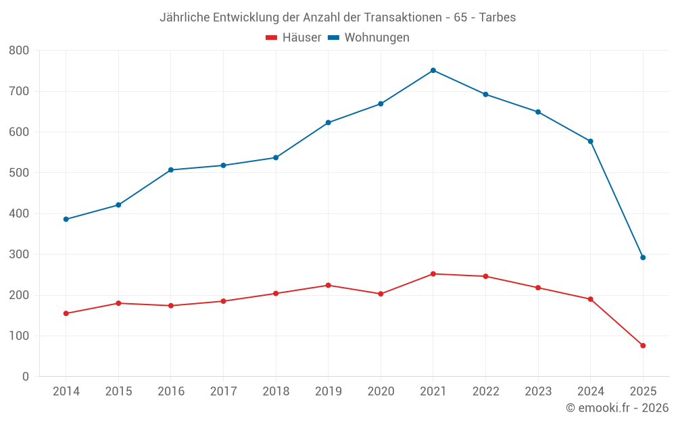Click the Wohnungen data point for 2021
pyautogui.click(x=433, y=70)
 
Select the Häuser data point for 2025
pyautogui.click(x=643, y=346)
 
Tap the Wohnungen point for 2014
pyautogui.click(x=66, y=219)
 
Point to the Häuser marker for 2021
pyautogui.click(x=433, y=274)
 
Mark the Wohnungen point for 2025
pyautogui.click(x=643, y=257)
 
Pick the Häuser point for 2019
pyautogui.click(x=329, y=285)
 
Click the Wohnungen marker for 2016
pyautogui.click(x=171, y=169)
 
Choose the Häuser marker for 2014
pyautogui.click(x=66, y=313)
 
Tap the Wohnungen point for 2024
pyautogui.click(x=591, y=141)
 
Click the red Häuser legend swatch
pyautogui.click(x=271, y=38)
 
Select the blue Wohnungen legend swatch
pyautogui.click(x=333, y=38)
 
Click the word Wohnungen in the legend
pyautogui.click(x=377, y=38)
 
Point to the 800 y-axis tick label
pyautogui.click(x=19, y=51)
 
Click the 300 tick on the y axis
pyautogui.click(x=19, y=255)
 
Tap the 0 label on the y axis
pyautogui.click(x=26, y=377)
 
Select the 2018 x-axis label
pyautogui.click(x=276, y=392)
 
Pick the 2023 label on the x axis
pyautogui.click(x=538, y=392)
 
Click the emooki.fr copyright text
pyautogui.click(x=617, y=408)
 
